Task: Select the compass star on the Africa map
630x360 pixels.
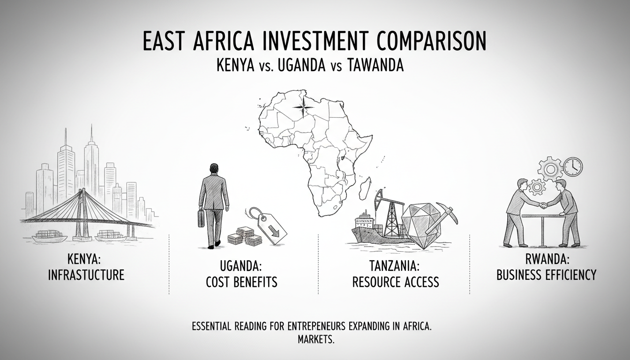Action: tap(302, 107)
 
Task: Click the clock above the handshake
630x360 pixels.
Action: tap(572, 166)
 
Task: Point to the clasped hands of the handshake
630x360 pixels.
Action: tap(543, 205)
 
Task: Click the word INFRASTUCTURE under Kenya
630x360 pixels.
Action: tap(86, 275)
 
